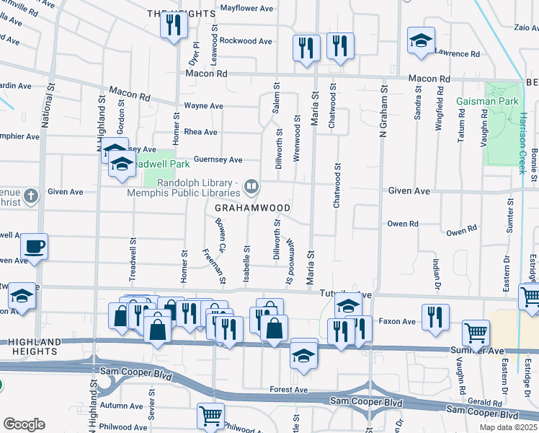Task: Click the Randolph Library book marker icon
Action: [x=251, y=188]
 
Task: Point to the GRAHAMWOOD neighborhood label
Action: [x=252, y=208]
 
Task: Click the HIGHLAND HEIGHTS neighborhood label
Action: [x=29, y=346]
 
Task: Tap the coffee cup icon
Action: [x=34, y=247]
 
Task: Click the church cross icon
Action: [x=30, y=196]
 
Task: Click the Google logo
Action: [x=24, y=424]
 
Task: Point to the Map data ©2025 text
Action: [x=509, y=427]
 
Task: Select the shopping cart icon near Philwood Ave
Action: [x=210, y=415]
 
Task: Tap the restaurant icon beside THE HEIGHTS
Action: [x=174, y=25]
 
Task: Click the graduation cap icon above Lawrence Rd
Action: [x=421, y=40]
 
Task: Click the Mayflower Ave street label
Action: [x=246, y=9]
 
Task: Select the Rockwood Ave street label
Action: [x=246, y=41]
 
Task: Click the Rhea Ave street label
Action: [x=201, y=132]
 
